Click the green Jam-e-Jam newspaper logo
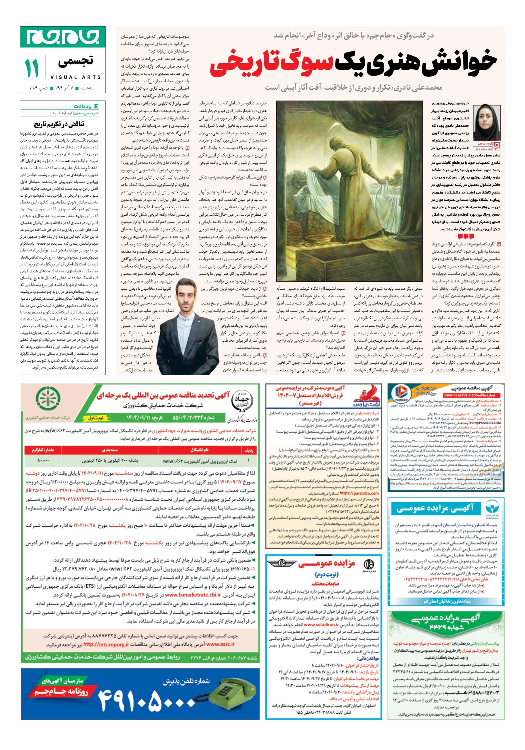pyautogui.click(x=63, y=37)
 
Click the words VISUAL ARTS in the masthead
pyautogui.click(x=76, y=77)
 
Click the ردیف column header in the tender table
pyautogui.click(x=249, y=450)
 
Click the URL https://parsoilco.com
pyautogui.click(x=359, y=493)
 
